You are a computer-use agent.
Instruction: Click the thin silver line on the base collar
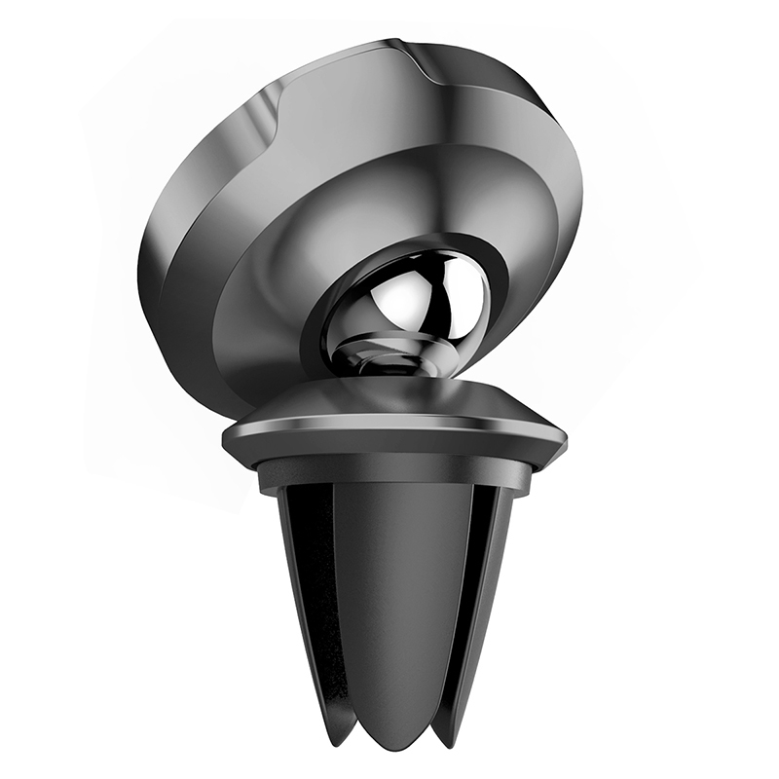(389, 426)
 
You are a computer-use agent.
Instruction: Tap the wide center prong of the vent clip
(389, 604)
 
